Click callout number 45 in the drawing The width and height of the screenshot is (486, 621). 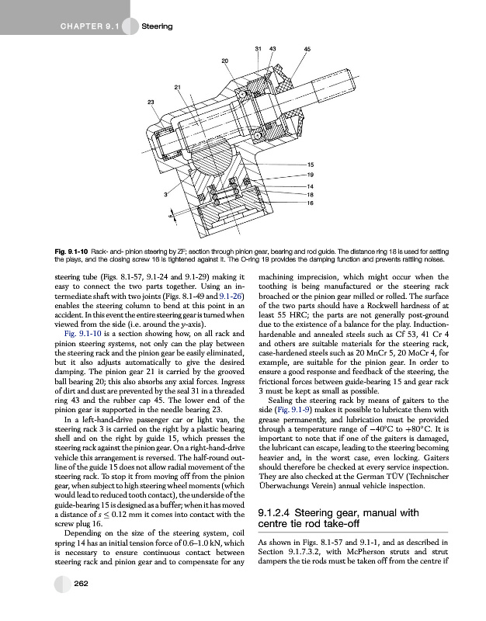pos(307,50)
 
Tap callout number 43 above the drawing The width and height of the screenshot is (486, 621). pos(273,50)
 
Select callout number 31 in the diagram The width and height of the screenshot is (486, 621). pos(258,50)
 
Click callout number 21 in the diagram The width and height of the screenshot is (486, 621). pos(178,86)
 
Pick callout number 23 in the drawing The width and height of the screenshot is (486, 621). pos(151,102)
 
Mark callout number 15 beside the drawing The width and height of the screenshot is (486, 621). pos(311,165)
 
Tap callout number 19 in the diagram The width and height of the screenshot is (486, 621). pos(311,175)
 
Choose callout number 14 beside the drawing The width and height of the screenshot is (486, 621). pos(311,186)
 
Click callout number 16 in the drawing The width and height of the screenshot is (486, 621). pos(311,203)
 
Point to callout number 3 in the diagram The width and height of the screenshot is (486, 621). pos(165,194)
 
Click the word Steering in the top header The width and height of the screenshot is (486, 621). pos(158,28)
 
